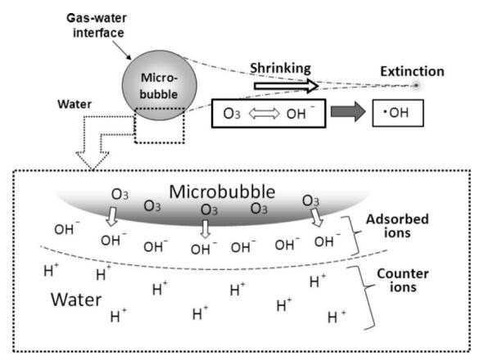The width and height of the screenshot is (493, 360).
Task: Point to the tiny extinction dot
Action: click(x=416, y=85)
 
